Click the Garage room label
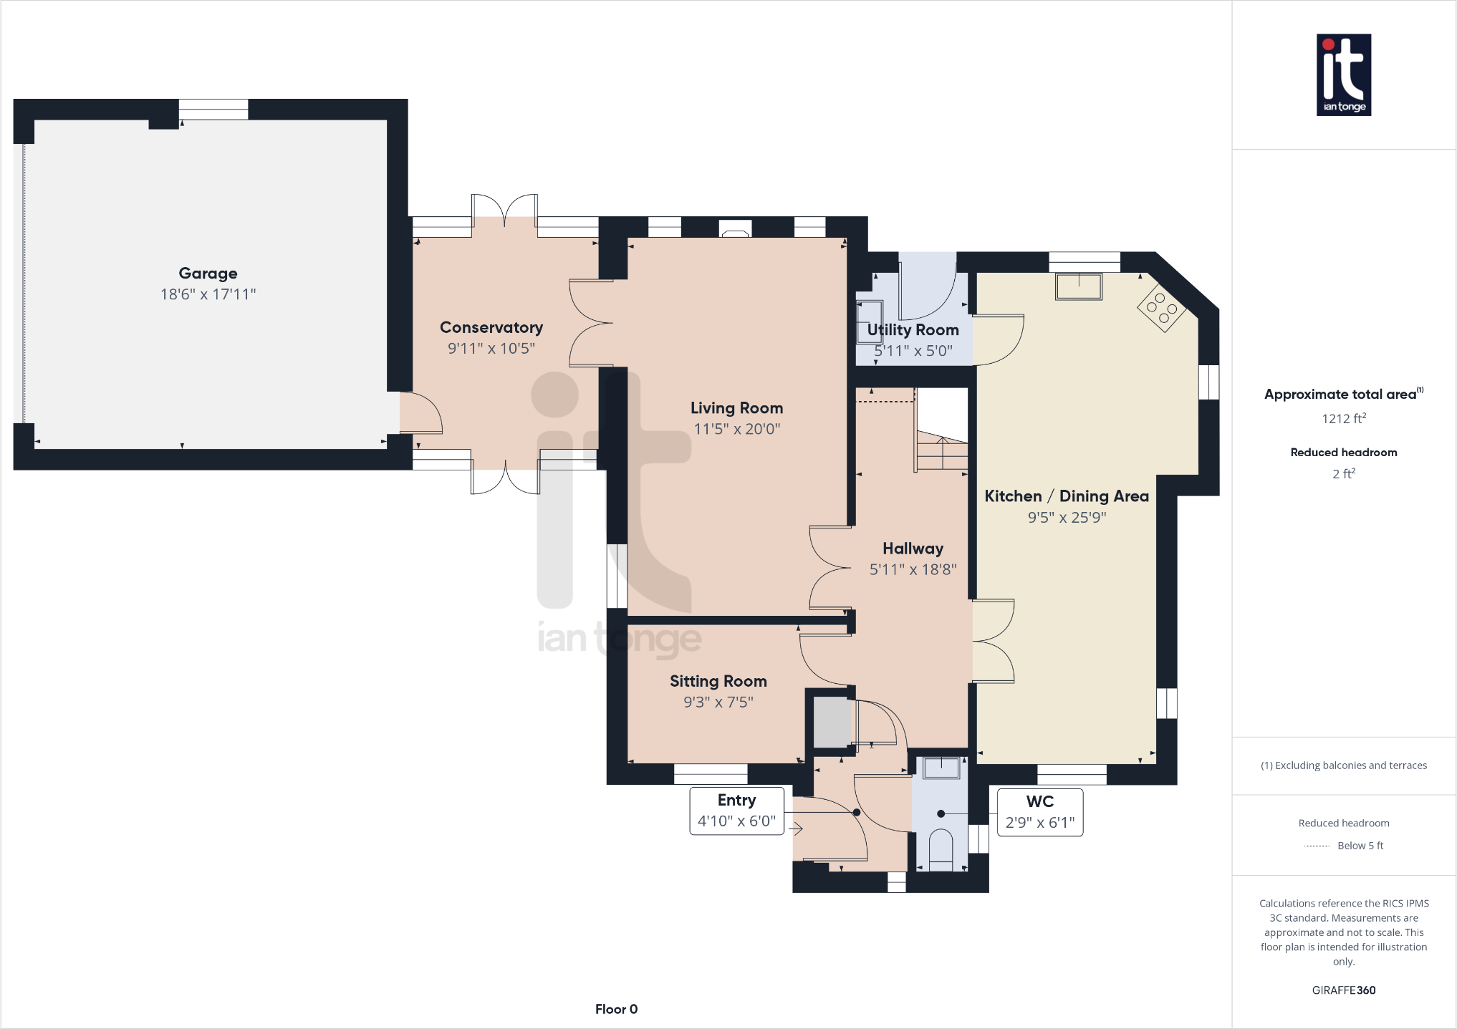pyautogui.click(x=208, y=273)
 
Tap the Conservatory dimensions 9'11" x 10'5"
pyautogui.click(x=491, y=349)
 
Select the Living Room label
pyautogui.click(x=736, y=408)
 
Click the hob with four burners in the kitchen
pyautogui.click(x=1161, y=308)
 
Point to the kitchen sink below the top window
pyautogui.click(x=1078, y=286)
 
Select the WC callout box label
pyautogui.click(x=1039, y=802)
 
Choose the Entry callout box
pyautogui.click(x=736, y=811)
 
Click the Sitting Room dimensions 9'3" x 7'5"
pyautogui.click(x=718, y=702)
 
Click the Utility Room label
pyautogui.click(x=913, y=330)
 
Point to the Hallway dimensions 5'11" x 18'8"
pyautogui.click(x=913, y=570)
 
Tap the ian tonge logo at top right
pyautogui.click(x=1343, y=74)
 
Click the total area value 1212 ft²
pyautogui.click(x=1343, y=418)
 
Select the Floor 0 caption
pyautogui.click(x=616, y=1009)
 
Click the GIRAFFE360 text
pyautogui.click(x=1343, y=990)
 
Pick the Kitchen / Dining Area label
pyautogui.click(x=1066, y=496)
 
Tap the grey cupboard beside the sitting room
pyautogui.click(x=831, y=723)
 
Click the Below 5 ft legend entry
pyautogui.click(x=1359, y=846)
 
